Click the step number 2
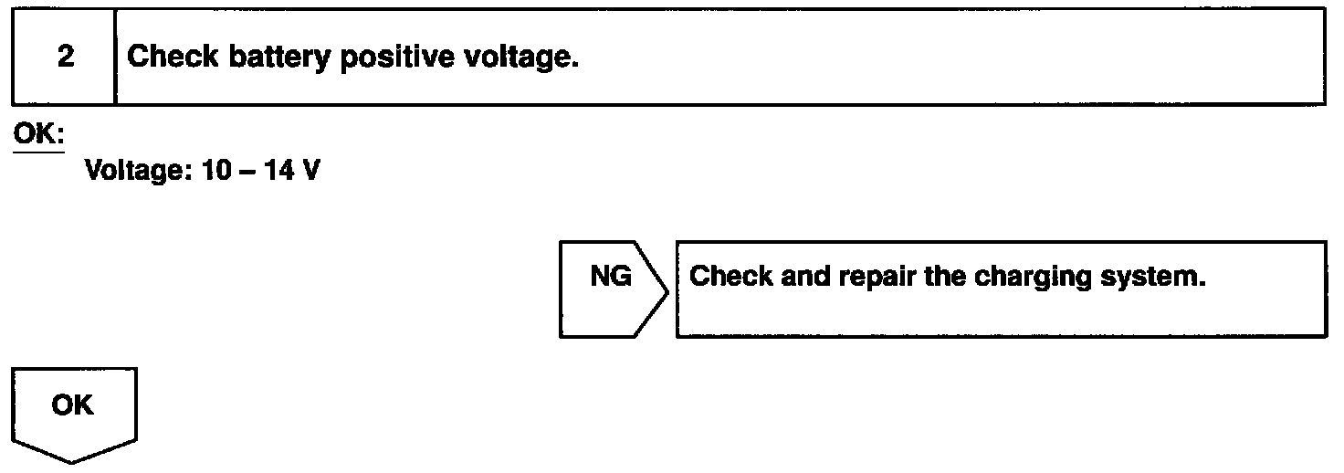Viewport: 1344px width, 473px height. point(65,58)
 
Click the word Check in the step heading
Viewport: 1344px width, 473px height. point(173,58)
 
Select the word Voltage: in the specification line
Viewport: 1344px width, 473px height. point(136,171)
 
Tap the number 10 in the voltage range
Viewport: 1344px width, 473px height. point(211,171)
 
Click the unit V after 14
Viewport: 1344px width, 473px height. point(310,171)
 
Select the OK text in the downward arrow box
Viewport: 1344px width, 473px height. point(73,405)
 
